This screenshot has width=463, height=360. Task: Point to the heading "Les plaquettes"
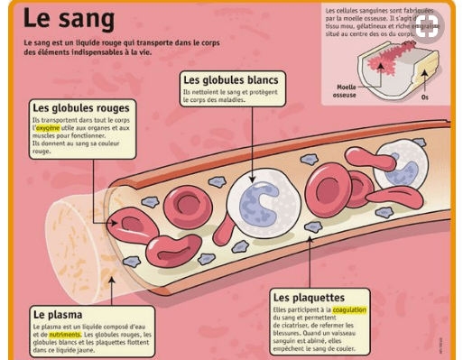(309, 298)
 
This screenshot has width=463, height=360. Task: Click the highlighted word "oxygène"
(52, 128)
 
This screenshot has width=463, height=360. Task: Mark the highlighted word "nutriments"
(64, 334)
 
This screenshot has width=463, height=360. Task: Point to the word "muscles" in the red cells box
(44, 136)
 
